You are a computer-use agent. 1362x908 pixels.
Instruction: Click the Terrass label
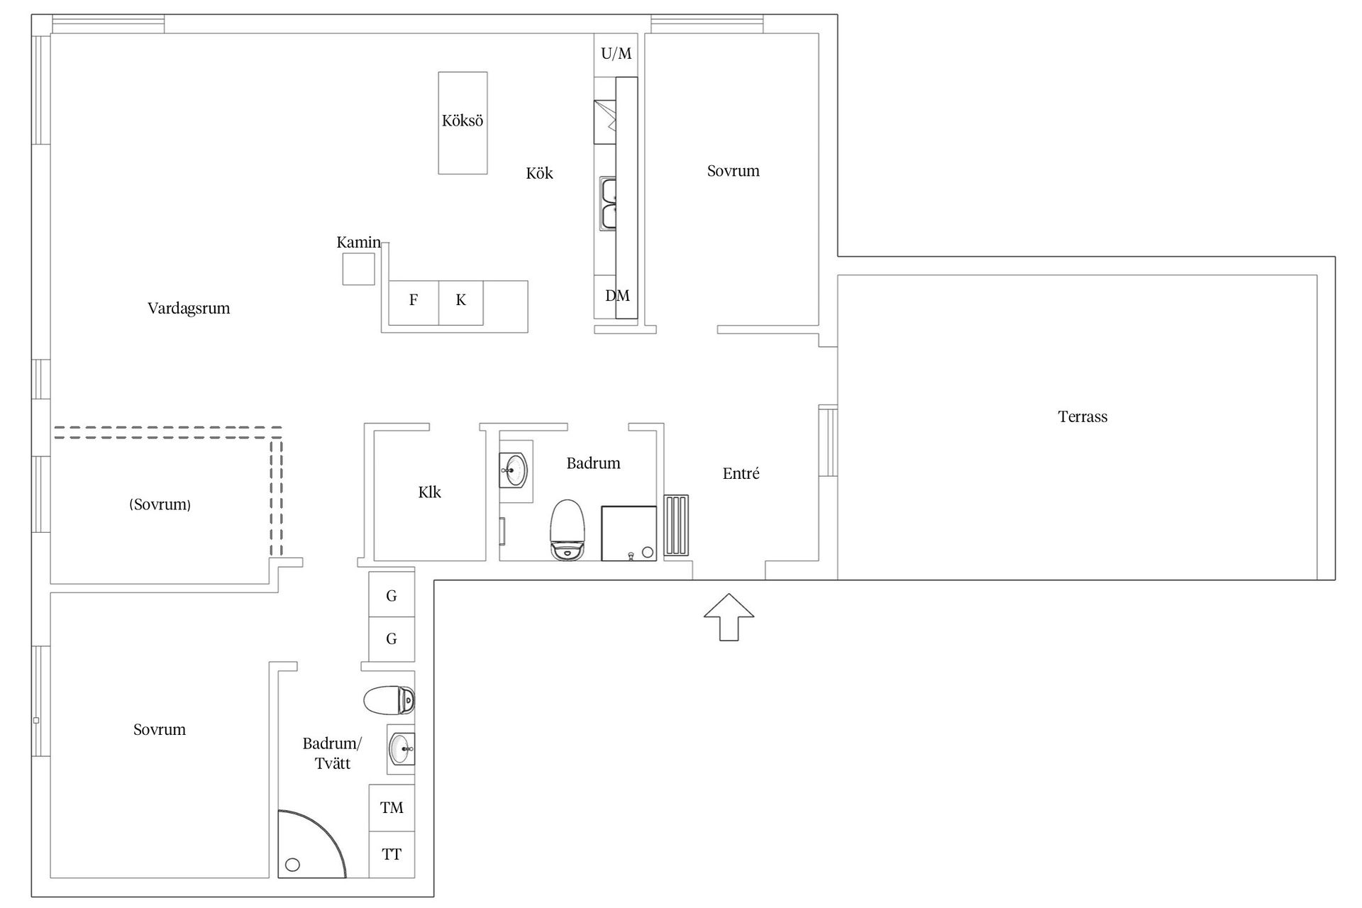[x=1083, y=416]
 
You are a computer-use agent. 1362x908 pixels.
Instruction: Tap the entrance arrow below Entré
[x=729, y=617]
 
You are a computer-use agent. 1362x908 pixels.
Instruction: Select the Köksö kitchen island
[x=463, y=123]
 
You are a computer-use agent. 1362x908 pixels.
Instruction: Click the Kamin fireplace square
[x=359, y=269]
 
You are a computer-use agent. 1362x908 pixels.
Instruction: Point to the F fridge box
[x=414, y=303]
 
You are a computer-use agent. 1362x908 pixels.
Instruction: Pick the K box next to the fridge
[x=461, y=303]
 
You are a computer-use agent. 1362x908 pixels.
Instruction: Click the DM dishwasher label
[x=617, y=296]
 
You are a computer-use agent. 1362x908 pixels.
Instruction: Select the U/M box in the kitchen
[x=616, y=55]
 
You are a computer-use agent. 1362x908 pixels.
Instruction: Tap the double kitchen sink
[x=608, y=204]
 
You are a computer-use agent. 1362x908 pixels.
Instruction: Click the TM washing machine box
[x=392, y=807]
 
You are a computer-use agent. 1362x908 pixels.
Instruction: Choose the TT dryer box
[x=392, y=854]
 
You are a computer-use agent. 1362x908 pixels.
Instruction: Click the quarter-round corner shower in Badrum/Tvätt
[x=311, y=844]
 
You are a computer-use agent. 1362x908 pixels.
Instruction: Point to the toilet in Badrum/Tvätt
[x=389, y=701]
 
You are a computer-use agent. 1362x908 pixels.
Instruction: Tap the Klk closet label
[x=429, y=492]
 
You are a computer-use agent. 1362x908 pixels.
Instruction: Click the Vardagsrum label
[x=189, y=309]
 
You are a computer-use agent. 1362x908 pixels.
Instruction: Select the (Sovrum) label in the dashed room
[x=160, y=504]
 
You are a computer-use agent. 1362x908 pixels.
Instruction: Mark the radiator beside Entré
[x=676, y=526]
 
